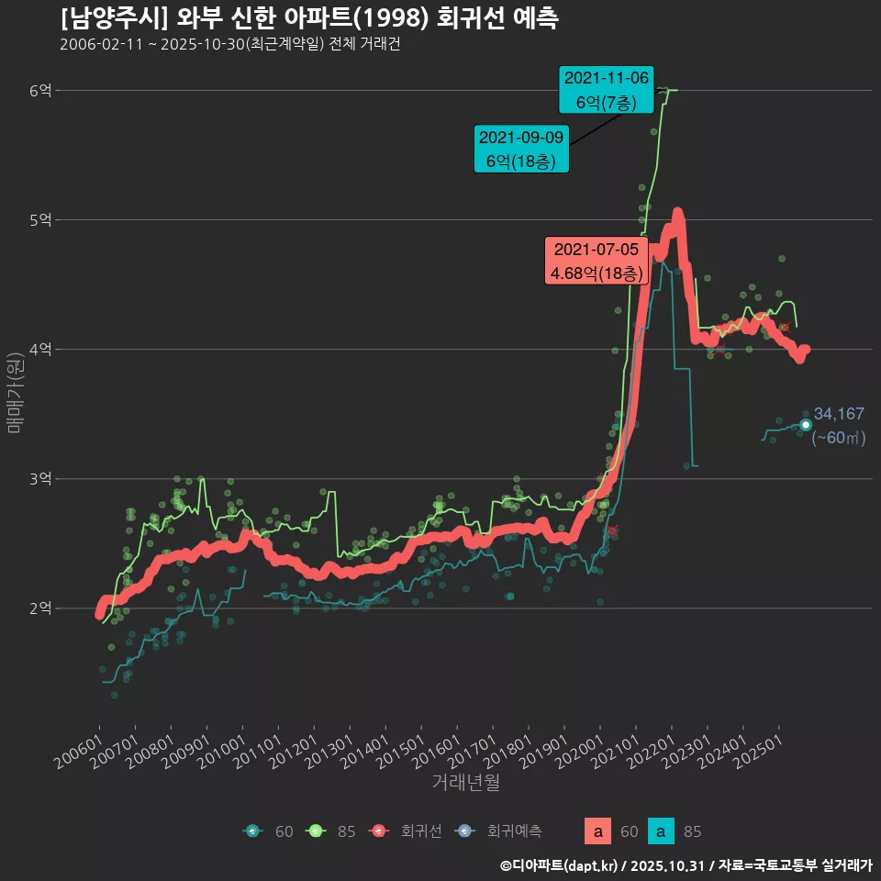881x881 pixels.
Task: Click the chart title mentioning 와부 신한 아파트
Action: tap(309, 18)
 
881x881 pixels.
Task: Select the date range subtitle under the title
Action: tap(229, 45)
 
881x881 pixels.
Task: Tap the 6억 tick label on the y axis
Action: tap(40, 90)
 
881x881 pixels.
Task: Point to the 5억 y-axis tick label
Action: tap(40, 219)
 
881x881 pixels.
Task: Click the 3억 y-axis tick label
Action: tap(40, 479)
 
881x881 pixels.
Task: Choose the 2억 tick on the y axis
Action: tap(40, 608)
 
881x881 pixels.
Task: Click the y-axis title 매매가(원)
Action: tap(15, 392)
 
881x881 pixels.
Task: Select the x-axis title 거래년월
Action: tap(465, 783)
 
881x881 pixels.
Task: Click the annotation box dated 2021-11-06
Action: tap(606, 90)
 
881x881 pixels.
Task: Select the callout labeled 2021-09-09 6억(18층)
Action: tap(521, 150)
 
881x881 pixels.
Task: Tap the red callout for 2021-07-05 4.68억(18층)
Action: tap(596, 262)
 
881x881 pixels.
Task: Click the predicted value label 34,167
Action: tap(839, 414)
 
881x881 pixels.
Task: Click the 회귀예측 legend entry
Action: tap(501, 831)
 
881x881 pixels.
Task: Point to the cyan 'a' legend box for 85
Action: tap(661, 831)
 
